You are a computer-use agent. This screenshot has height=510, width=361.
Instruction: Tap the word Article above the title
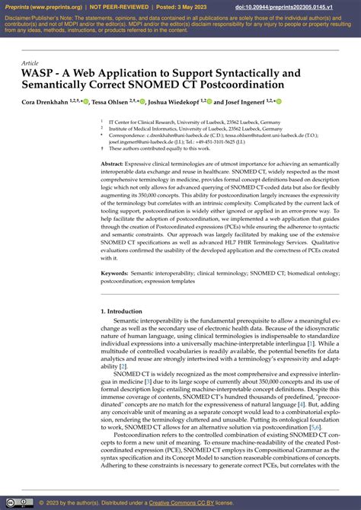[30, 63]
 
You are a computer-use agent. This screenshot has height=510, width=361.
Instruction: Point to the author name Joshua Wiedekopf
[174, 101]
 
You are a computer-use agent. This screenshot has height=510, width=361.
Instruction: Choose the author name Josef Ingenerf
[243, 101]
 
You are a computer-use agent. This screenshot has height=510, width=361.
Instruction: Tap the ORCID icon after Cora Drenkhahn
[86, 101]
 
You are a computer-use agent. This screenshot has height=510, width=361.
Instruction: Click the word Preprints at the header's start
[20, 7]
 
